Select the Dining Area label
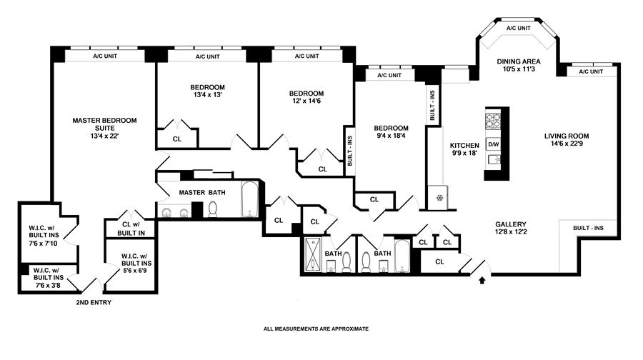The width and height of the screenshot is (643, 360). click(518, 61)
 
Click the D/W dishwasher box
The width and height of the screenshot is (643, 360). click(493, 144)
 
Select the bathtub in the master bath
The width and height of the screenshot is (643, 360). click(249, 200)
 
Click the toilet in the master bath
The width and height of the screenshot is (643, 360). click(212, 209)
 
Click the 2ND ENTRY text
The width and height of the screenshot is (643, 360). click(94, 303)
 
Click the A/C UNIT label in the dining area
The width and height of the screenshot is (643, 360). click(518, 29)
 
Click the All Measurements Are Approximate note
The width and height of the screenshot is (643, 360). click(316, 329)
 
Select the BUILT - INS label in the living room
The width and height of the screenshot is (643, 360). click(588, 228)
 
